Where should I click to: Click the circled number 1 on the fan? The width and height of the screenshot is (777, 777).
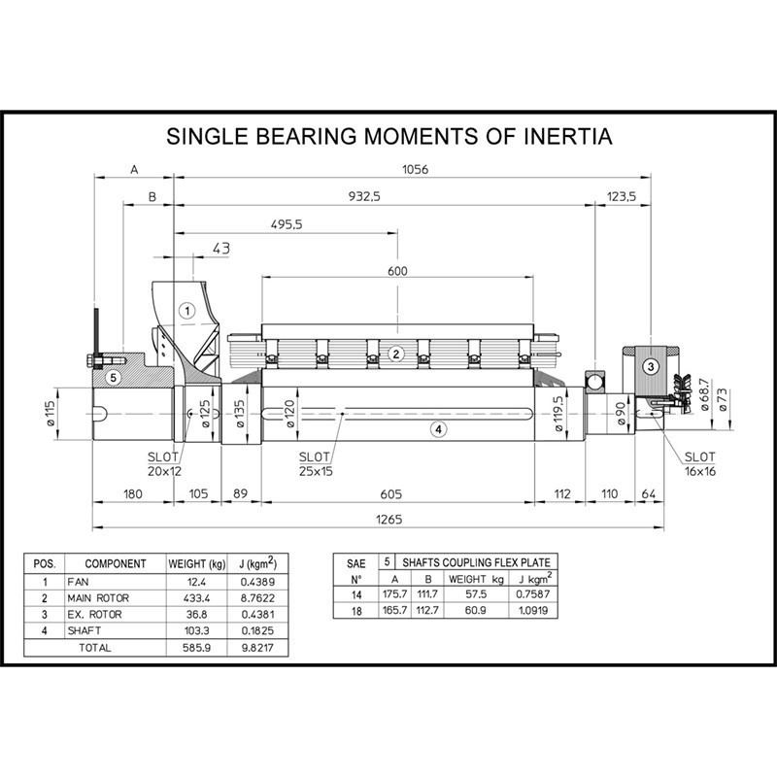187,311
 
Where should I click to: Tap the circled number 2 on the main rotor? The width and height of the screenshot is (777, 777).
396,354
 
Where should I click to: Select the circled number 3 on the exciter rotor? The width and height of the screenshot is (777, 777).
651,367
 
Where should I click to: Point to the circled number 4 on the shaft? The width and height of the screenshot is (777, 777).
438,429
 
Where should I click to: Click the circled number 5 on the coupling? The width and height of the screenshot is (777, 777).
114,378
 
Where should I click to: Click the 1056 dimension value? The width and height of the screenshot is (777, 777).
415,169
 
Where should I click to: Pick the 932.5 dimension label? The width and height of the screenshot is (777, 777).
364,196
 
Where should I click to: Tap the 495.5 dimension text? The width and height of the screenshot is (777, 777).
287,224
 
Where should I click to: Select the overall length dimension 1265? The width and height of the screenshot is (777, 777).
389,520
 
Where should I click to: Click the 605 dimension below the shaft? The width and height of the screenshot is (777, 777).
391,494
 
